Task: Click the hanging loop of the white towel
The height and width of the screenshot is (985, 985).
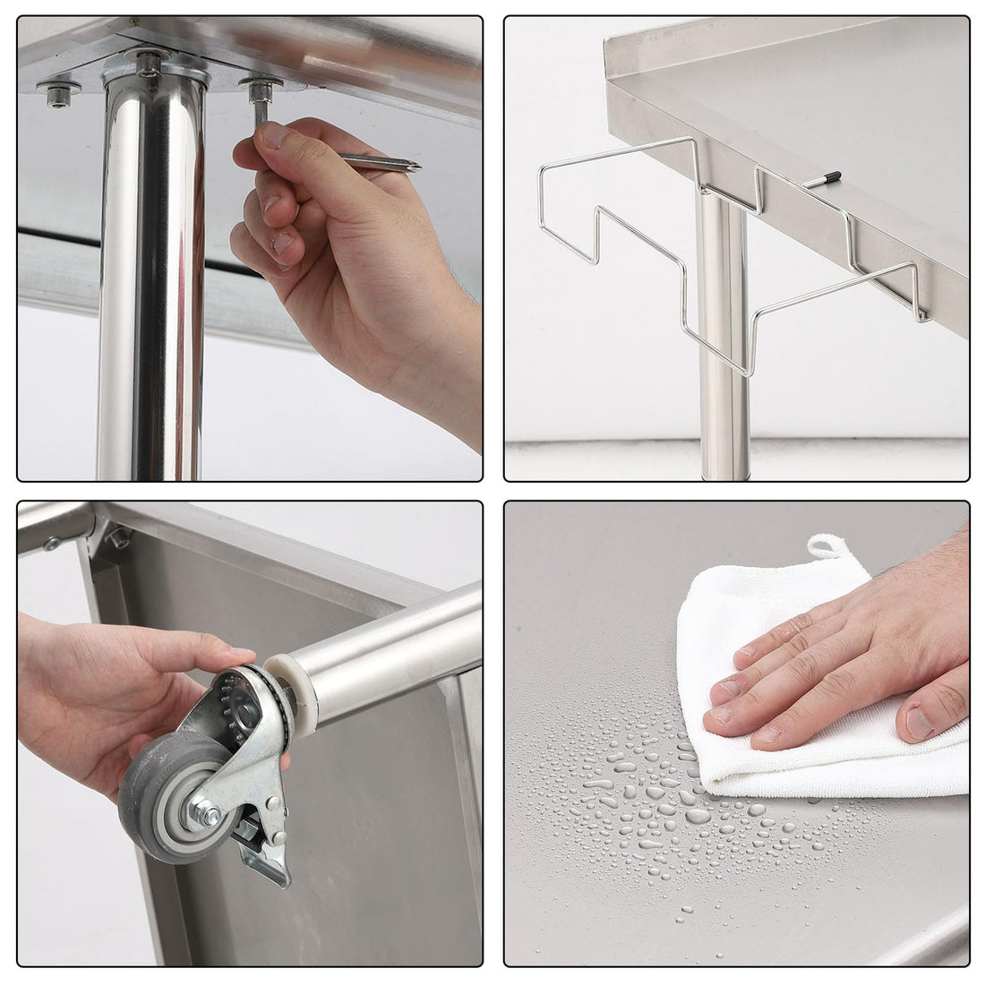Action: [827, 548]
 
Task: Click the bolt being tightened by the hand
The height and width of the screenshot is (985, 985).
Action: [260, 90]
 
